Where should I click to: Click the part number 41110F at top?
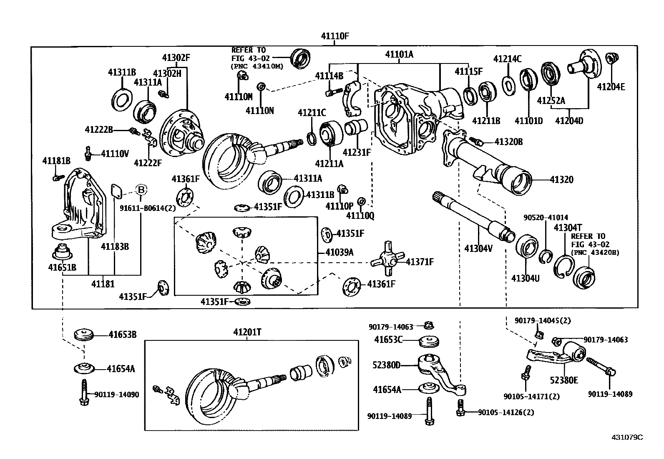point(335,36)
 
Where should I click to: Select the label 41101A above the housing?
point(399,54)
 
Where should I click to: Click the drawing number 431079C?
point(627,437)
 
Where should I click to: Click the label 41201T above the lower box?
point(247,332)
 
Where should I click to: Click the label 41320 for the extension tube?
point(561,180)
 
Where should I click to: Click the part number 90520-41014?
point(546,218)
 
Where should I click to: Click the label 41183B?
point(115,246)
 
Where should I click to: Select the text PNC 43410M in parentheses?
point(257,66)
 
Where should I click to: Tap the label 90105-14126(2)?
point(506,412)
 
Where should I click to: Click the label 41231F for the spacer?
point(357,152)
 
